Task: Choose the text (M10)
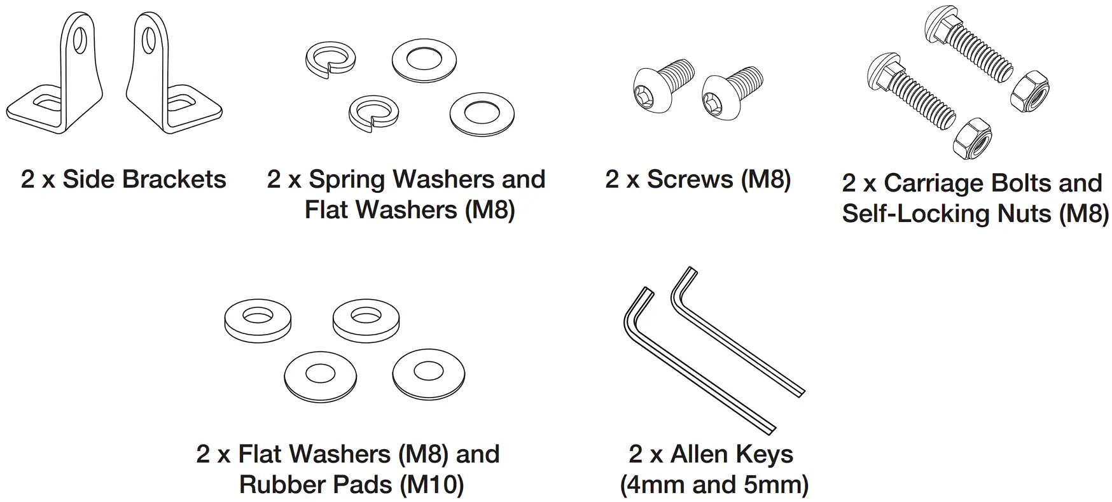coord(432,485)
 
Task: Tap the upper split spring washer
coord(330,60)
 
